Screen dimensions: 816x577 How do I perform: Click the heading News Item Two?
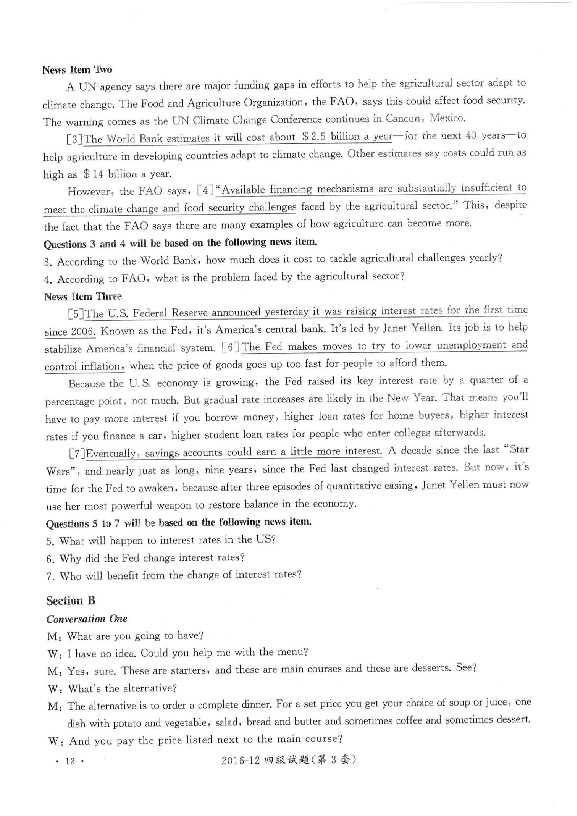pyautogui.click(x=77, y=70)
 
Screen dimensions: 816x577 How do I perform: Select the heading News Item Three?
pyautogui.click(x=83, y=297)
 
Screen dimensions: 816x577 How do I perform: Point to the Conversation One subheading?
pyautogui.click(x=87, y=619)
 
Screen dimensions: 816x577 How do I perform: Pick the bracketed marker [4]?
pyautogui.click(x=206, y=191)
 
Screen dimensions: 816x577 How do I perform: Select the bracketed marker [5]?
pyautogui.click(x=76, y=314)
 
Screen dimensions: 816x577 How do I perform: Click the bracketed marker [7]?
pyautogui.click(x=77, y=454)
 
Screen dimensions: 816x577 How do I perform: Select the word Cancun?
pyautogui.click(x=402, y=119)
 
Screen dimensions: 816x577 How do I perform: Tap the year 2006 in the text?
pyautogui.click(x=83, y=331)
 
